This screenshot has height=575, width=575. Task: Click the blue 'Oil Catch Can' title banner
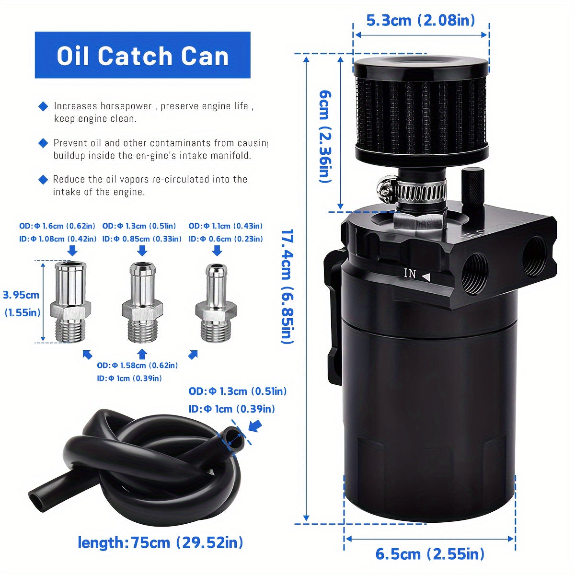click(x=142, y=55)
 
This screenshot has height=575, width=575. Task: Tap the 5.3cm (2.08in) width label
click(x=420, y=21)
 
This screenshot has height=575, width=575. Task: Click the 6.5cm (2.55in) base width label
click(x=429, y=554)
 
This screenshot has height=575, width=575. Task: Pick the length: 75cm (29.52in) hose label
click(x=161, y=543)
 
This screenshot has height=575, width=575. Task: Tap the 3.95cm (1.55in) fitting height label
click(x=22, y=303)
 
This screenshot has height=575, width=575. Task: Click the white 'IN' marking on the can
click(x=410, y=274)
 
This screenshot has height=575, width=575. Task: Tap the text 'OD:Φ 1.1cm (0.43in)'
click(x=225, y=226)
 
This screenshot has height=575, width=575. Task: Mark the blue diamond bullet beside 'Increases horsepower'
click(x=43, y=106)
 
